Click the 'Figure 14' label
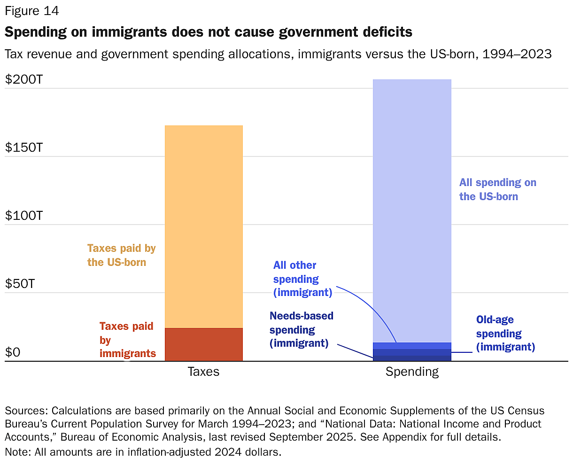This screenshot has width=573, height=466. [32, 10]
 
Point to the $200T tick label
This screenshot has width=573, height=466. [24, 79]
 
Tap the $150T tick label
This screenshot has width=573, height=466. [24, 148]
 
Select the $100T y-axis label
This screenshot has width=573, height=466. [24, 216]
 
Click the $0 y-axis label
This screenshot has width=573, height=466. [13, 352]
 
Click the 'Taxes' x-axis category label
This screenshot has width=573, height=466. [203, 372]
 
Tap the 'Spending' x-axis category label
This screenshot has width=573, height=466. [412, 372]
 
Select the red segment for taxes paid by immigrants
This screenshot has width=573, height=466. [203, 344]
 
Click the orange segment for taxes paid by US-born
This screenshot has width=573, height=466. [203, 225]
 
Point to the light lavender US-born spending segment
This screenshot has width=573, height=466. [412, 211]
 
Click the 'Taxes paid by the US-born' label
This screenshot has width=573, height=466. [121, 255]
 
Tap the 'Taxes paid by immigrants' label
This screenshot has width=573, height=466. [127, 340]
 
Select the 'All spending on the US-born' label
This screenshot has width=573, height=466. [497, 189]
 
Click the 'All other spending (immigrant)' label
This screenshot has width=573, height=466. [302, 279]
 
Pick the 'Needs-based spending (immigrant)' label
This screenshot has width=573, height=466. [301, 329]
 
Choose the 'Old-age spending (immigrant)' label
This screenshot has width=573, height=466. [505, 334]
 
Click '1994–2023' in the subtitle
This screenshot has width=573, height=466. [517, 54]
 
